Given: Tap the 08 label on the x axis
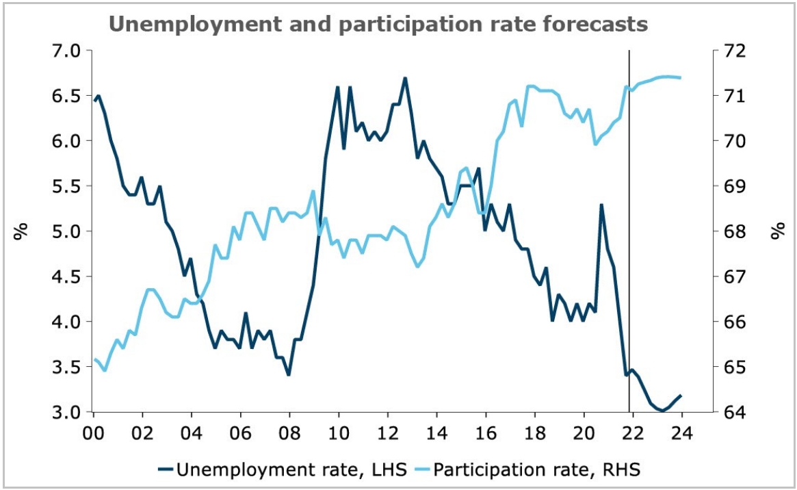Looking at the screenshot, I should [289, 433].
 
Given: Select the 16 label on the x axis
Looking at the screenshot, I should [486, 433].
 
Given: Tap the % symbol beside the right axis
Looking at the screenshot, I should [777, 232].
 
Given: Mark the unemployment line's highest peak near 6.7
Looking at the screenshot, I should [405, 78].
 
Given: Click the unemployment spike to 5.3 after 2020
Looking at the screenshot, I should [601, 205].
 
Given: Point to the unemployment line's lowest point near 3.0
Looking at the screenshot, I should [662, 411].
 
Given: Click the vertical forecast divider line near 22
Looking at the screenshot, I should [629, 205].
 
